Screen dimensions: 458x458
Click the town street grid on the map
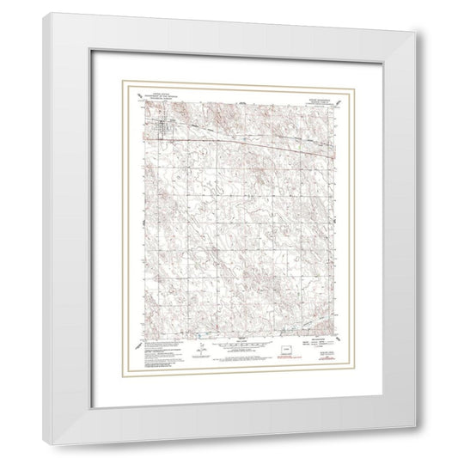(x=159, y=131)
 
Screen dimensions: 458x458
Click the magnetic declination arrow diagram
(x=198, y=351)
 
